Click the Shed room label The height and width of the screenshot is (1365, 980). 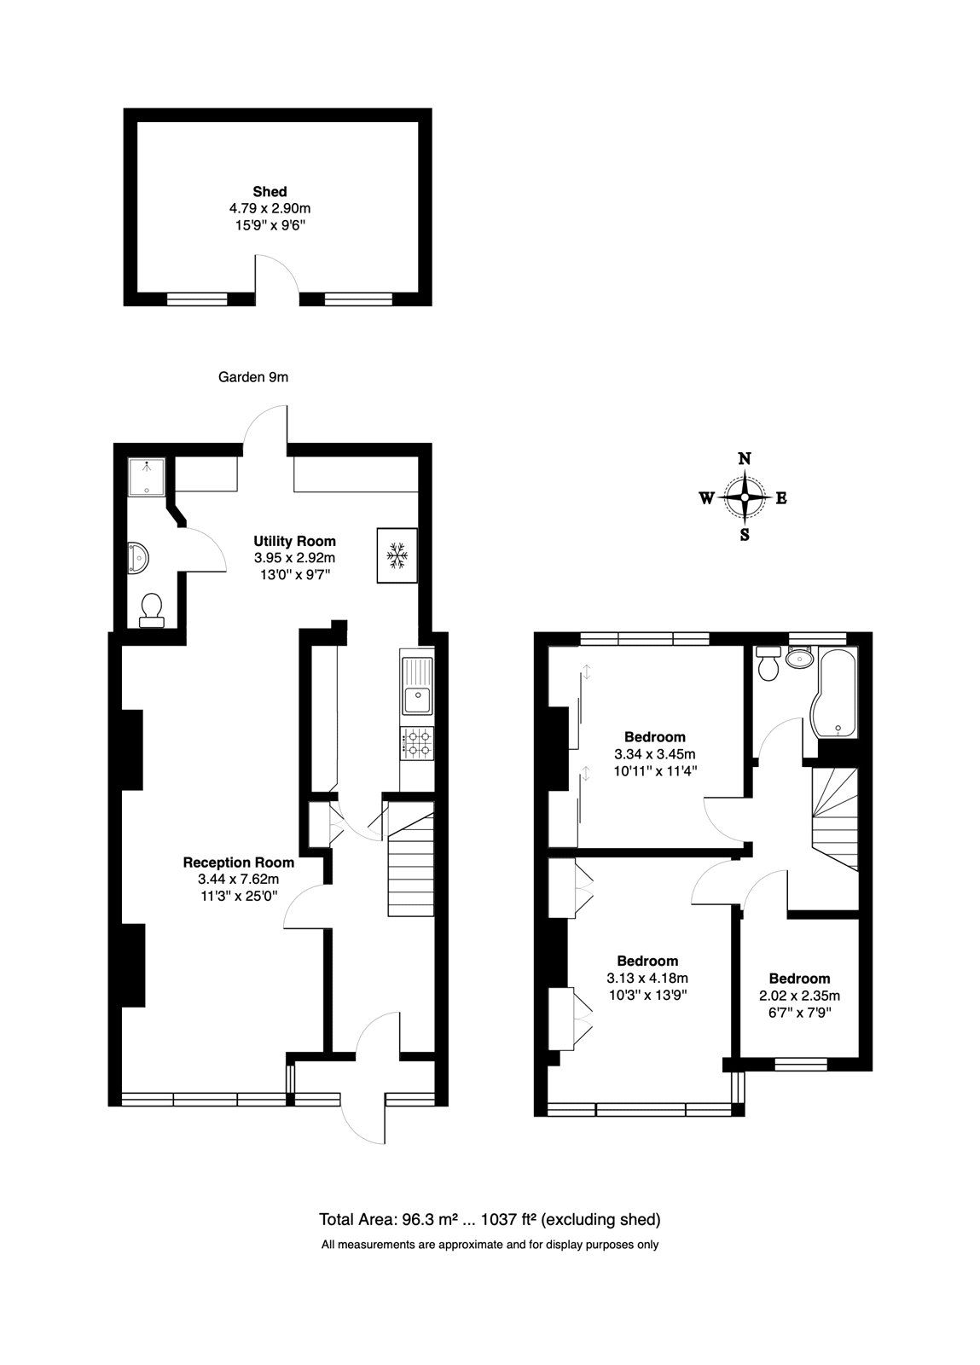point(270,191)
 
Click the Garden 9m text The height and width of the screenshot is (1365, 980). point(253,376)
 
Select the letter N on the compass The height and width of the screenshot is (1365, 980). point(744,458)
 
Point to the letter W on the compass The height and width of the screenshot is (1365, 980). point(706,498)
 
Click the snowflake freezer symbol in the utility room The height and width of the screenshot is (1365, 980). point(397,555)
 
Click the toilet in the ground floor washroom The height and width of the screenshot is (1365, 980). point(151,609)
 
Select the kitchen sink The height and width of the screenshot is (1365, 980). point(417,694)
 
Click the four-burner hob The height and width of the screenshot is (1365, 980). point(417,743)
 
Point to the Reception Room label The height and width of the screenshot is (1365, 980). point(239,863)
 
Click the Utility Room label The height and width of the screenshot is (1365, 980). point(294,541)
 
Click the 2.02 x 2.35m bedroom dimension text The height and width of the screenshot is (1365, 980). point(799,996)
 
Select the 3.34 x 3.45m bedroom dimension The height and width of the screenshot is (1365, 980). point(654,754)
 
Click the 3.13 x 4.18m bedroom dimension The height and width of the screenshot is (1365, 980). point(647,978)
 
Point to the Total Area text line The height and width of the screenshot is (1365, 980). point(490,1218)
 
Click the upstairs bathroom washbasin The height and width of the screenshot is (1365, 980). point(800,658)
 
